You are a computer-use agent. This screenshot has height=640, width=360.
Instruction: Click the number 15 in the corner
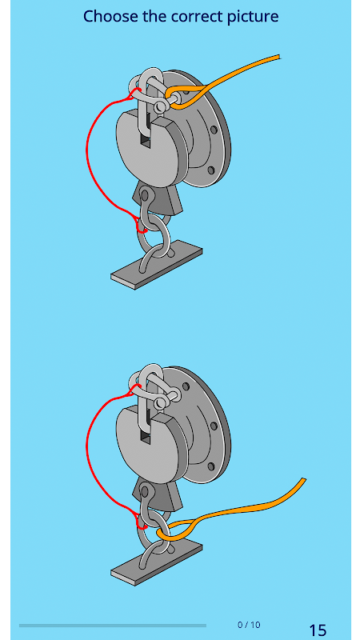[x=318, y=630]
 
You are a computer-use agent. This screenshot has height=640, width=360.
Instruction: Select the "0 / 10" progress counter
[x=249, y=625]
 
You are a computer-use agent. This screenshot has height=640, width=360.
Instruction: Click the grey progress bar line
[x=113, y=625]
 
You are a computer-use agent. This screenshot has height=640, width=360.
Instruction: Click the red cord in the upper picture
[x=87, y=155]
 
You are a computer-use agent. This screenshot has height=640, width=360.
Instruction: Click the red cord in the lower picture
[x=87, y=451]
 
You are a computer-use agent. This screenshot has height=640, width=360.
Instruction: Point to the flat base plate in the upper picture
[x=157, y=265]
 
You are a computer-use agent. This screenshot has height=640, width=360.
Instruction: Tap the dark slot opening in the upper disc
[x=146, y=142]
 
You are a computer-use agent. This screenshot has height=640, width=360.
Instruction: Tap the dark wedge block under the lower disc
[x=162, y=497]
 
